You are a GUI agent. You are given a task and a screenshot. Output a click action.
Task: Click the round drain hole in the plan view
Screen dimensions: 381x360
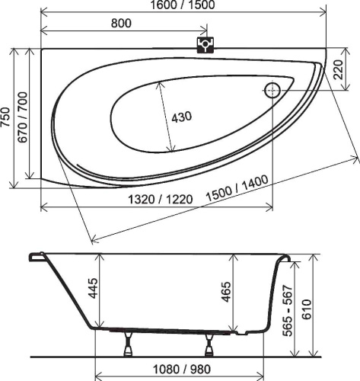[272, 91]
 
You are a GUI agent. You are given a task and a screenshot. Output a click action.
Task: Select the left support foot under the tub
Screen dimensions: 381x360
[129, 344]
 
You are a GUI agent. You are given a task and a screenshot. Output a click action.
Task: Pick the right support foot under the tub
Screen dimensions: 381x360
[209, 344]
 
